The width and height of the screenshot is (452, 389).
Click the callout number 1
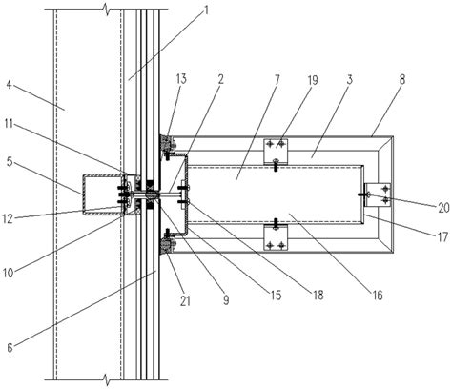(206, 10)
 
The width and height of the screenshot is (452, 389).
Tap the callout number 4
(10, 85)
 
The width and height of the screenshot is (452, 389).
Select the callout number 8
(402, 79)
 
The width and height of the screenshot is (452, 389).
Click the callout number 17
(442, 237)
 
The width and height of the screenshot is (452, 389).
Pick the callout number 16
(378, 296)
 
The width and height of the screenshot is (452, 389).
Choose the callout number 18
(318, 295)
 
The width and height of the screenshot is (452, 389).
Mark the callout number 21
(185, 300)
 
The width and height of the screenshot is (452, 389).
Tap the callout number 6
(10, 348)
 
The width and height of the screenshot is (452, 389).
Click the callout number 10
(9, 273)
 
